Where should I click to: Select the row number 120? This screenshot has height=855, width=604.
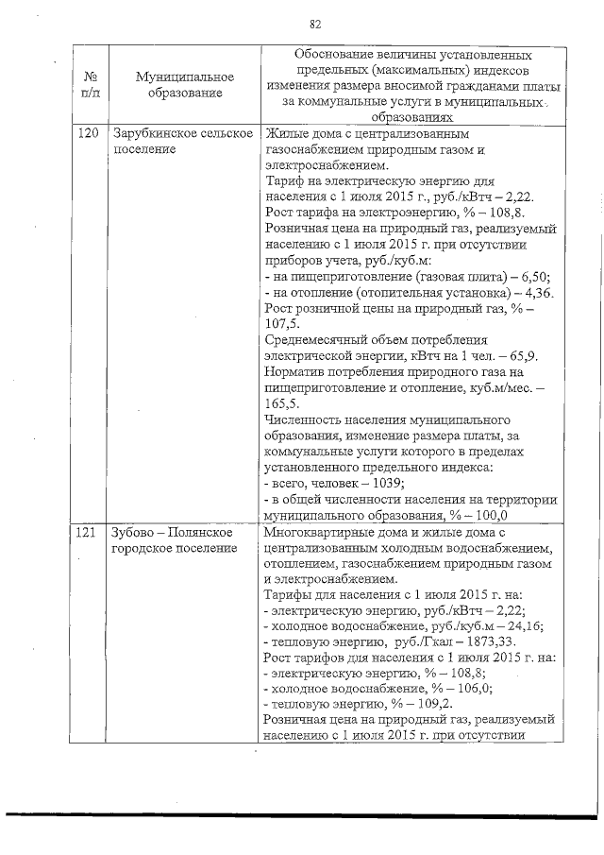pos(86,133)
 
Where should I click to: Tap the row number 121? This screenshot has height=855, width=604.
pos(86,533)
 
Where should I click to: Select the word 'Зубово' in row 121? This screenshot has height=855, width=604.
pos(133,533)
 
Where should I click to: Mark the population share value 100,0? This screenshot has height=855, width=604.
pos(489,515)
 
